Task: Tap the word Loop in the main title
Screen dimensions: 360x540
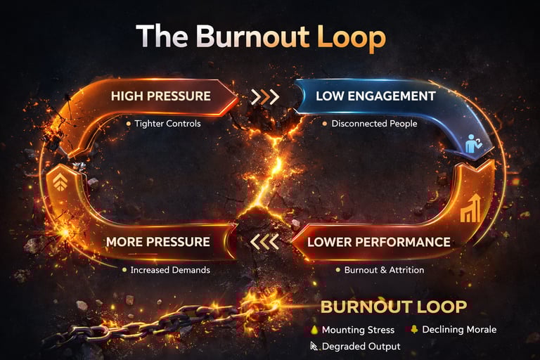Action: pos(351,37)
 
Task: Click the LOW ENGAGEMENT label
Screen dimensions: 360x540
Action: pos(375,96)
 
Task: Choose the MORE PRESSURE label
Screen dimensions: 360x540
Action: pos(157,242)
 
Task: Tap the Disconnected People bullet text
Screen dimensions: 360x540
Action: pos(375,124)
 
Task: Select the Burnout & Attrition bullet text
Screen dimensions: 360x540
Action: pos(384,269)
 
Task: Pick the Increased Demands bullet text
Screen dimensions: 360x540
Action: pos(169,269)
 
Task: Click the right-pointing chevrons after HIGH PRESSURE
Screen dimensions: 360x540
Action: pos(265,96)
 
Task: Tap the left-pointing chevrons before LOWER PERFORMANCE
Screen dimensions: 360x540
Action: pos(264,243)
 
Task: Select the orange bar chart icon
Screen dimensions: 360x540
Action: pos(470,209)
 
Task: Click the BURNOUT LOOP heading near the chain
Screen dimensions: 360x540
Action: pos(393,307)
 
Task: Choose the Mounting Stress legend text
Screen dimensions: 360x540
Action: pos(357,330)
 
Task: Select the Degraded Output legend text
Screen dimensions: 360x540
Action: pos(361,346)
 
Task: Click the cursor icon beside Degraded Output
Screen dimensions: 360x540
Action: pos(314,345)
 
